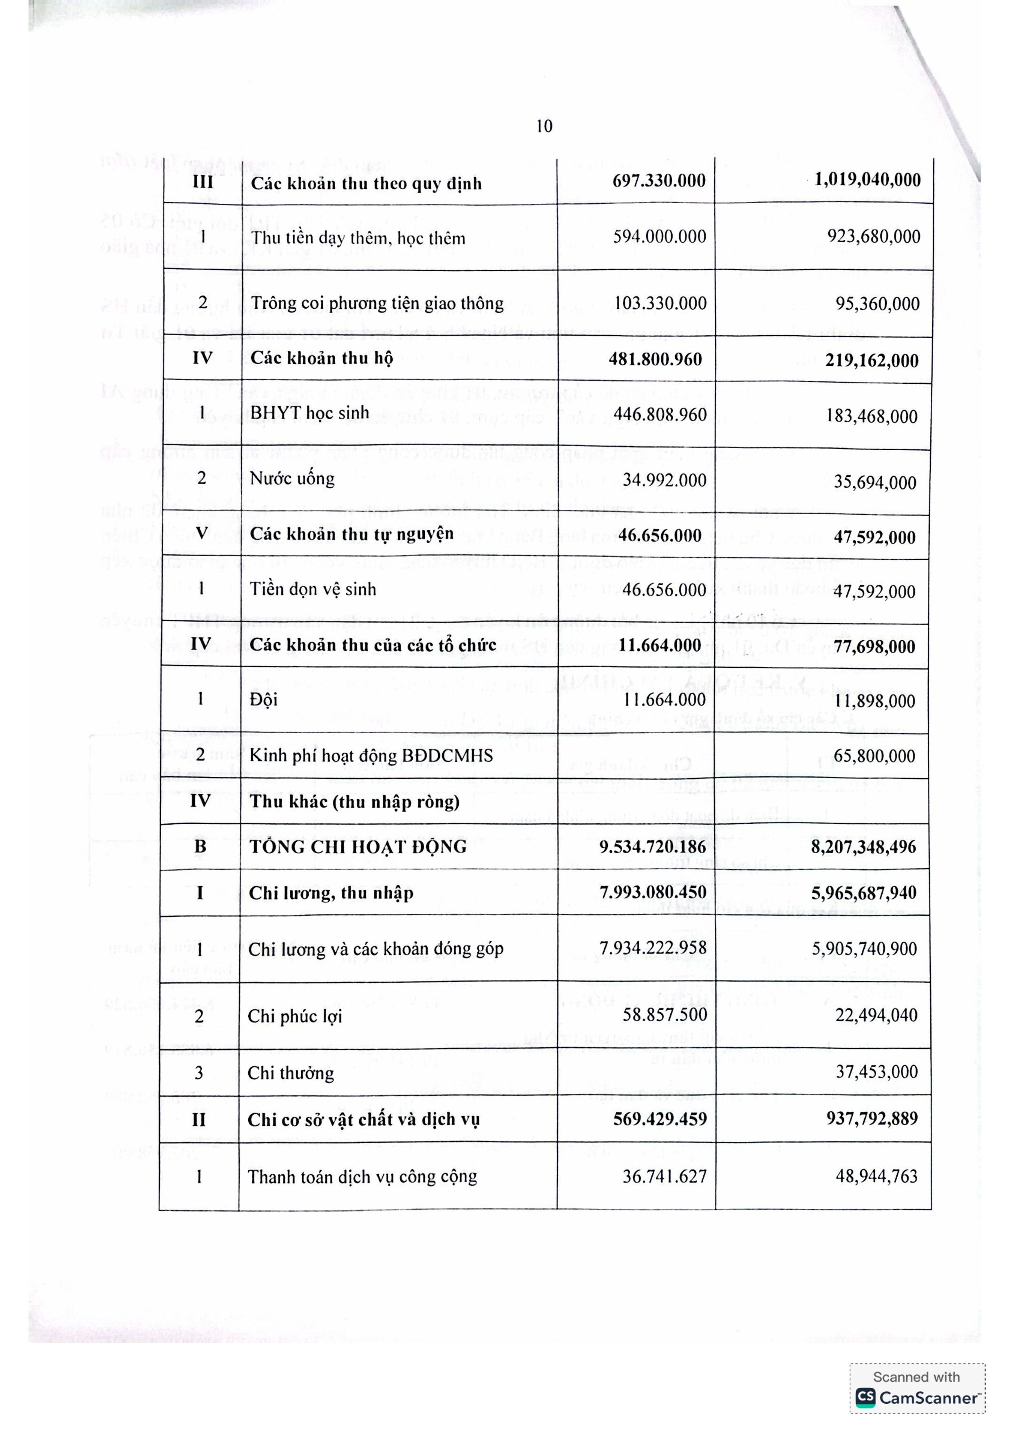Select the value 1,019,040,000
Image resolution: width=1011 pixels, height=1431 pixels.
[867, 180]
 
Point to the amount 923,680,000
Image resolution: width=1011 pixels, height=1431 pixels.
[873, 237]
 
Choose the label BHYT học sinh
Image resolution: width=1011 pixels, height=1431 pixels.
[309, 413]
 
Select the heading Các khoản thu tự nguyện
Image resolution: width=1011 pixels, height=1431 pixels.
[351, 534]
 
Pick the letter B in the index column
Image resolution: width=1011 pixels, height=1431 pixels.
[200, 846]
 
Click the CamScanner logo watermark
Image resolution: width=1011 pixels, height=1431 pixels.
[916, 1397]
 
